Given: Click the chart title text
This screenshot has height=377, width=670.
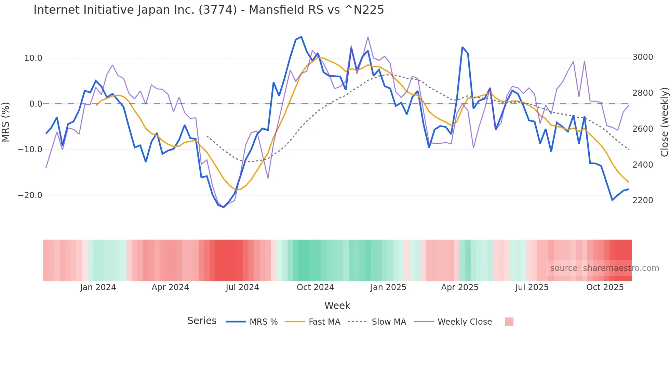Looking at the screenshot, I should click(x=209, y=10).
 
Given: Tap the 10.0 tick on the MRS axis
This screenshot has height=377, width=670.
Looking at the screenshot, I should click(x=33, y=58).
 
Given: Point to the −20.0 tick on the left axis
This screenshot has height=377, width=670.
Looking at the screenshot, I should click(x=30, y=195).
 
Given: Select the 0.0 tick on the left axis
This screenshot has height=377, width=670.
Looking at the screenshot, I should click(x=36, y=104).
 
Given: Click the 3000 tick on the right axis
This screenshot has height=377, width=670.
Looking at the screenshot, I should click(x=643, y=57).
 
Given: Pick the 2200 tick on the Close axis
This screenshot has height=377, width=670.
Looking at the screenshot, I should click(x=643, y=200).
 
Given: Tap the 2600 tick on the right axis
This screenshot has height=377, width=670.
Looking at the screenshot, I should click(x=643, y=129).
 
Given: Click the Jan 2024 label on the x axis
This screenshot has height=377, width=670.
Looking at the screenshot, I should click(x=98, y=287).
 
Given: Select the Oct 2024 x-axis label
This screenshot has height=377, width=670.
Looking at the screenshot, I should click(x=315, y=287).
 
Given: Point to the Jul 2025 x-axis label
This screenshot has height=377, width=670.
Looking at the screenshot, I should click(x=532, y=287).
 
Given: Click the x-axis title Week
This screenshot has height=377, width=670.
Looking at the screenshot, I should click(x=337, y=305).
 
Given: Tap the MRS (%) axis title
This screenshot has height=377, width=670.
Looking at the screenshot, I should click(x=6, y=122).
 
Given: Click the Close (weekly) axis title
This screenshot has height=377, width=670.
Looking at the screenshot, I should click(x=664, y=122).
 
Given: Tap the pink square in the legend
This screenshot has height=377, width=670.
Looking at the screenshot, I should click(x=509, y=322).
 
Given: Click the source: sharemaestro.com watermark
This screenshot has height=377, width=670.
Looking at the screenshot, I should click(x=604, y=268).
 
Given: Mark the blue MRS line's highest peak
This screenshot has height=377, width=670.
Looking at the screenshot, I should click(x=301, y=37).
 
